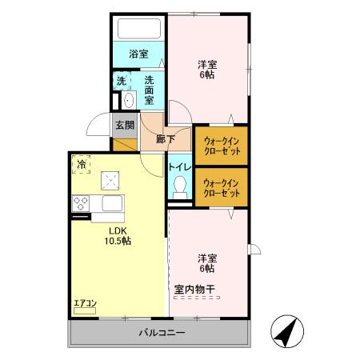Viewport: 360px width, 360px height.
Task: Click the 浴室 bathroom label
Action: (x=139, y=54)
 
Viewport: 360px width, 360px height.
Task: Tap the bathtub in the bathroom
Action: (x=139, y=29)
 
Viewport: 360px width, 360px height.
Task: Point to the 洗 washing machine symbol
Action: (x=121, y=81)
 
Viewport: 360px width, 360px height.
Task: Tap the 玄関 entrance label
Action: (x=124, y=125)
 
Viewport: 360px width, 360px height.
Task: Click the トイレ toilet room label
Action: (x=179, y=166)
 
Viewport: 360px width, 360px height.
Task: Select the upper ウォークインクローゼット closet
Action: (x=221, y=146)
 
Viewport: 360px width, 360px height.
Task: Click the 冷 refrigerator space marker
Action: (x=82, y=164)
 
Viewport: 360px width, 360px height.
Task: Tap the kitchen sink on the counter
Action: (x=110, y=202)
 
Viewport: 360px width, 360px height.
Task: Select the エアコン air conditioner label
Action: (x=85, y=302)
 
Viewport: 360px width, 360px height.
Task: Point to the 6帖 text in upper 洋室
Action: (x=206, y=74)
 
